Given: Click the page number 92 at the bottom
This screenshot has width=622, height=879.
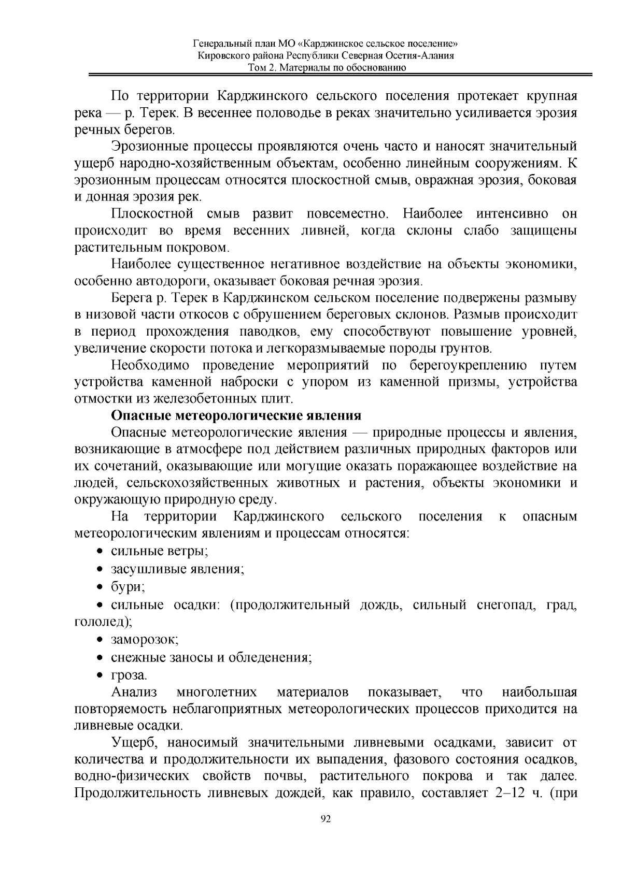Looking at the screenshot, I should coord(326,819).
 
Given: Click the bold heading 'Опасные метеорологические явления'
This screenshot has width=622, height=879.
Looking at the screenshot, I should coord(236,416).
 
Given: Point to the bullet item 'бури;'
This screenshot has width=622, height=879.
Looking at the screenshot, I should coord(128,587).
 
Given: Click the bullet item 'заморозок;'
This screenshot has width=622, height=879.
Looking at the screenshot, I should coord(145,640).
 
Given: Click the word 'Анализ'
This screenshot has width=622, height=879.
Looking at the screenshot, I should coord(134,693).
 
